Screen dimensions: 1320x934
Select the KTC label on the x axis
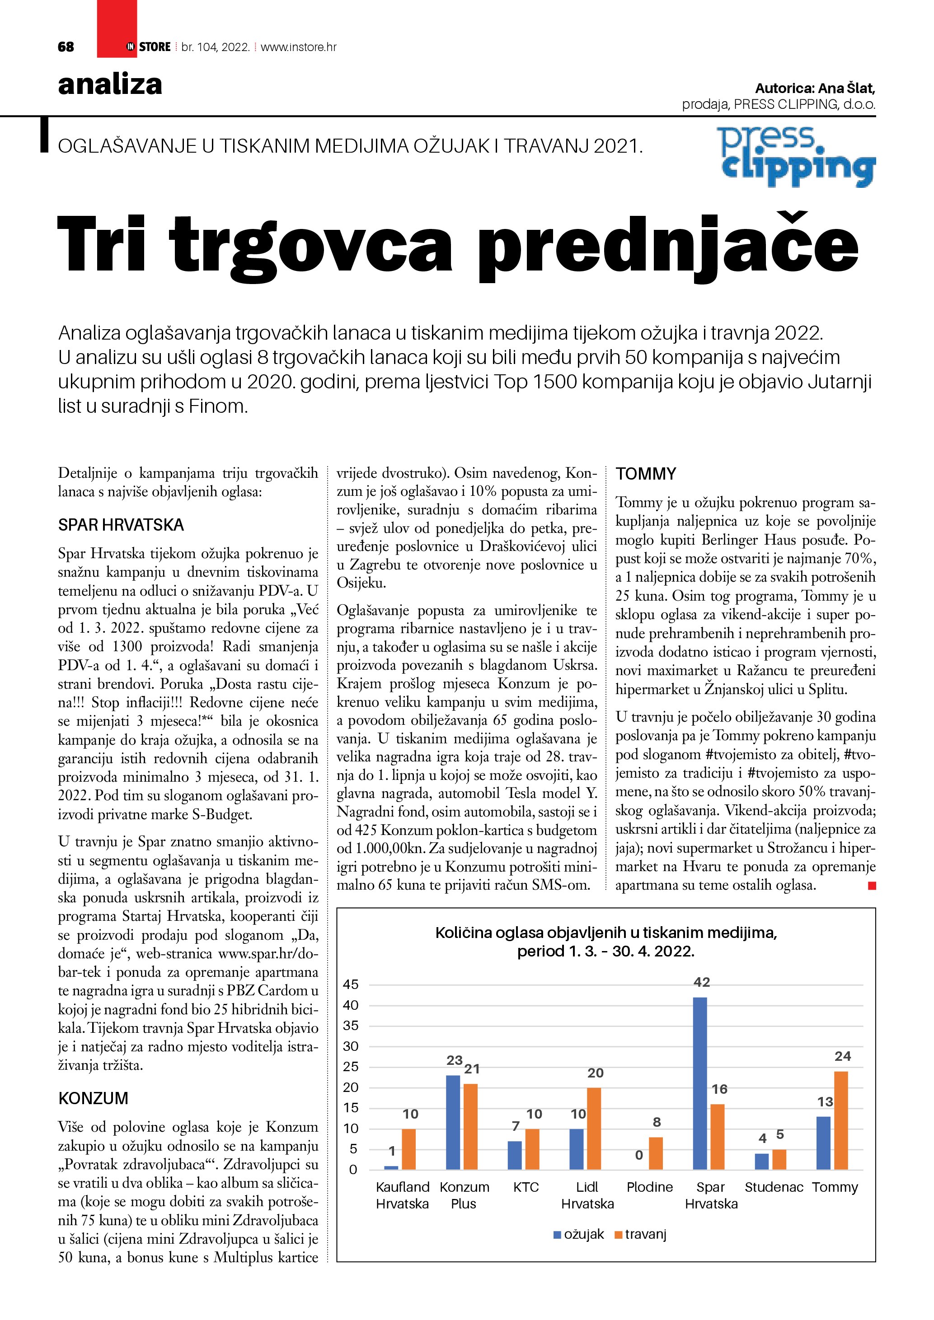point(526,1187)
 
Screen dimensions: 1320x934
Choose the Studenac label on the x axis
point(774,1187)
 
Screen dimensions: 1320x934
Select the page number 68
point(66,47)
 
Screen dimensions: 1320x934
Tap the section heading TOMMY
point(646,474)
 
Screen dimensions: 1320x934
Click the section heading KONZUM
point(93,1098)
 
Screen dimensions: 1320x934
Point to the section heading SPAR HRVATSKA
point(121,525)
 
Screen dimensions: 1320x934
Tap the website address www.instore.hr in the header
point(299,47)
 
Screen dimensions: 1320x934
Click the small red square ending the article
point(871,886)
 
